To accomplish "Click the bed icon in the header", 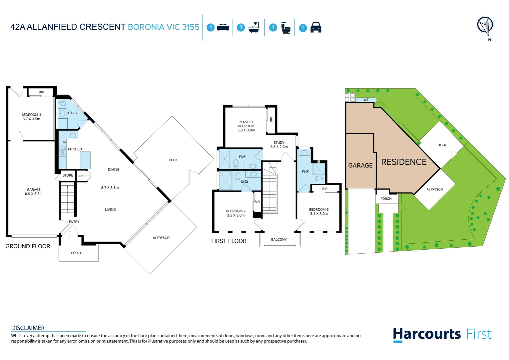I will [223, 28].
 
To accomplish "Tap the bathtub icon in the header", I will [254, 28].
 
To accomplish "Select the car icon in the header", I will [316, 28].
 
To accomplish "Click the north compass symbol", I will [485, 26].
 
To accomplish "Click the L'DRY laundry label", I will [73, 113].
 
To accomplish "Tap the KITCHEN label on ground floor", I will [75, 149].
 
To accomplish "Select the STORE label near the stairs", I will [68, 175].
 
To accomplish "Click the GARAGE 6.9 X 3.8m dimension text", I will [34, 192].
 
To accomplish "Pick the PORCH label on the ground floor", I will [77, 253].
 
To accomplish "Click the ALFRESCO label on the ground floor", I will [161, 238].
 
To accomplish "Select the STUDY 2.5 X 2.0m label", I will [279, 145].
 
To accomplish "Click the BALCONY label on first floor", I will [279, 240].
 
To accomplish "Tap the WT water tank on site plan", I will [366, 100].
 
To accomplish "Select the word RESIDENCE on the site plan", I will [404, 162].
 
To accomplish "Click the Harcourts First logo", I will [442, 334].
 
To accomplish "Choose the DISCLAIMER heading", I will [28, 328].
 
